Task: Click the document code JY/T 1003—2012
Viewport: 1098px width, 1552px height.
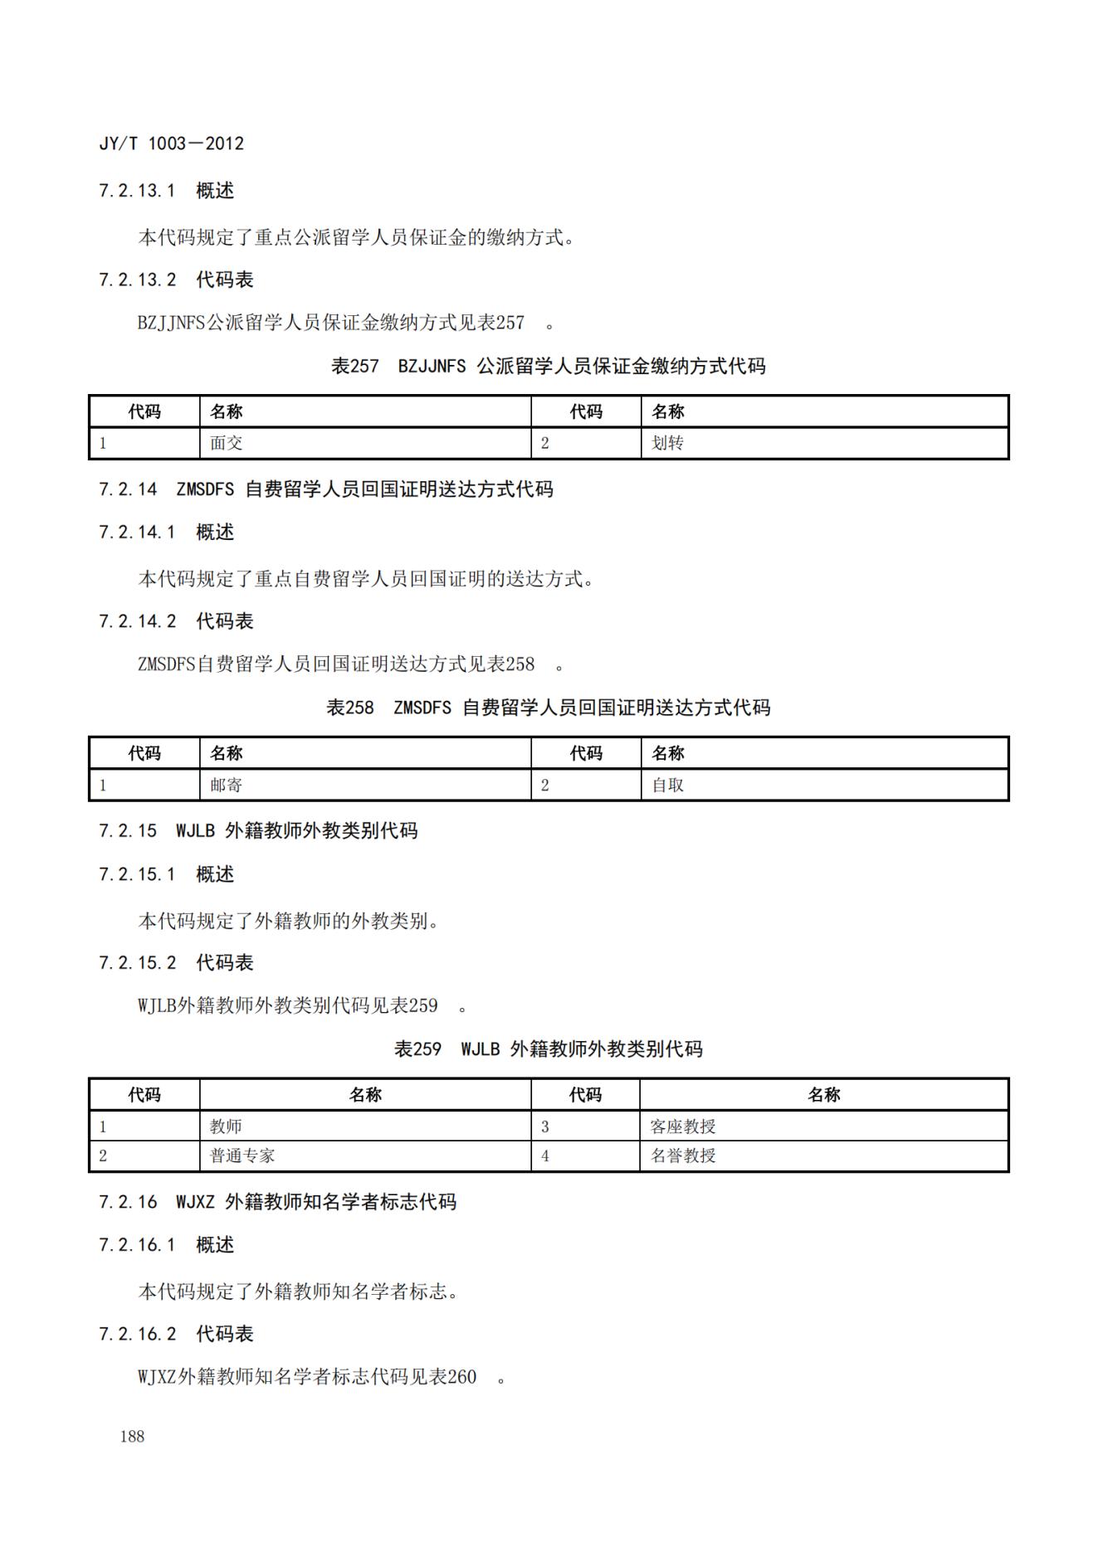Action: (172, 144)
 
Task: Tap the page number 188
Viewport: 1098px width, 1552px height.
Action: (132, 1437)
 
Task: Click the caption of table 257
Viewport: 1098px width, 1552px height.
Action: (548, 366)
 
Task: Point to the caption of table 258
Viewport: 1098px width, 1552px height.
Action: (548, 708)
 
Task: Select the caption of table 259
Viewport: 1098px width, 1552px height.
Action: (548, 1049)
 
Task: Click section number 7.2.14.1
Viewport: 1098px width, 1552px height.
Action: (137, 533)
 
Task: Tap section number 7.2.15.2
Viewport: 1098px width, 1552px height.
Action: (137, 963)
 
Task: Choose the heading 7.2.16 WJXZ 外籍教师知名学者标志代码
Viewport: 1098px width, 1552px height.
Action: (277, 1202)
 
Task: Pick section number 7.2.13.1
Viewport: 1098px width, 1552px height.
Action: (137, 191)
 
